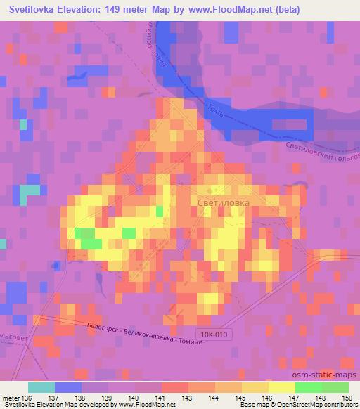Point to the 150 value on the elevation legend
[346, 397]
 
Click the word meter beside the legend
[11, 397]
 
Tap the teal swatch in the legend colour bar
[41, 387]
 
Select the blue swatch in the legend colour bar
[67, 387]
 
